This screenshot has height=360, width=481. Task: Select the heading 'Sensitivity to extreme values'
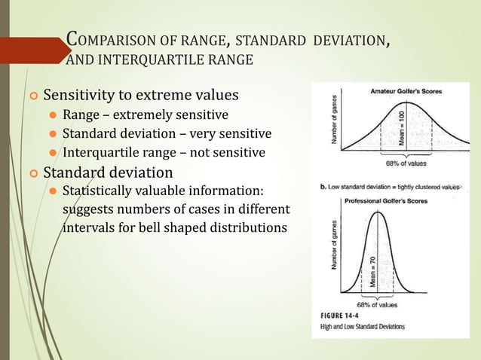[142, 96]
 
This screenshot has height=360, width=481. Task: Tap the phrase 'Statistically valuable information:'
[164, 190]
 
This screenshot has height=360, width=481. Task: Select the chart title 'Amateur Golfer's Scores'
[406, 91]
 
